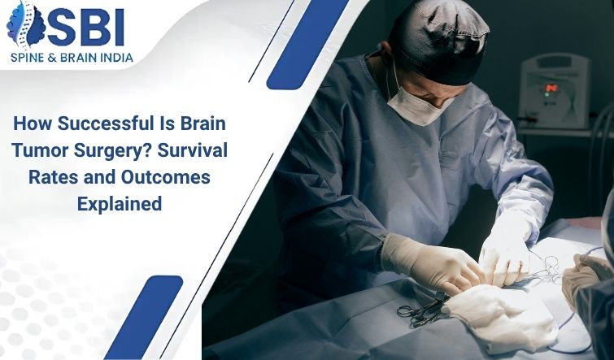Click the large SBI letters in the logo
click(86, 28)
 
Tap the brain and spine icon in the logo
click(26, 24)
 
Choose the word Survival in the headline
click(192, 150)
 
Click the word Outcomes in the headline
click(166, 177)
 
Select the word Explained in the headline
click(120, 204)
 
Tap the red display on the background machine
click(551, 88)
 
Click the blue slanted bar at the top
click(307, 44)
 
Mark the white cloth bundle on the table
click(500, 317)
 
